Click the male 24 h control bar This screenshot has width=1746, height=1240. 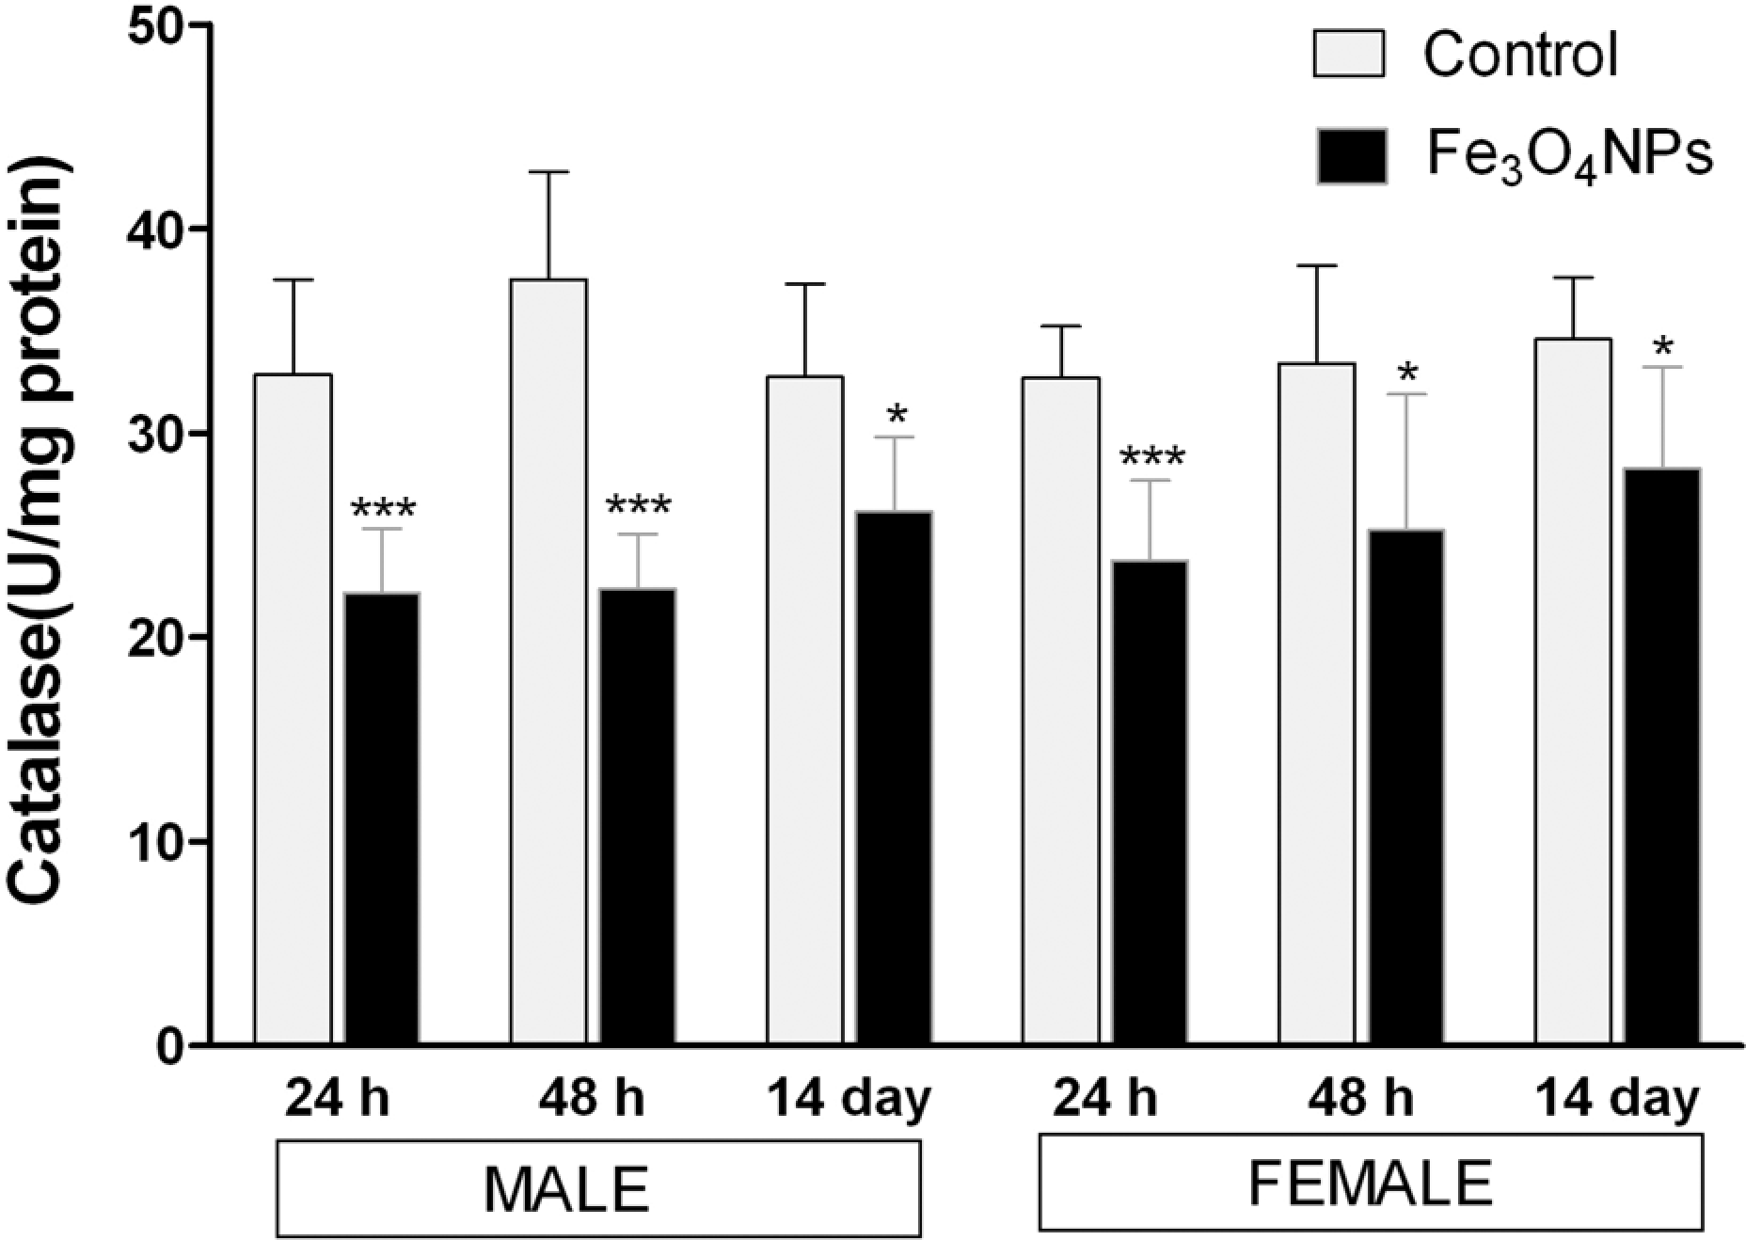pyautogui.click(x=293, y=709)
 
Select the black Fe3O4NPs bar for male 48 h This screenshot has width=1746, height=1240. pyautogui.click(x=638, y=817)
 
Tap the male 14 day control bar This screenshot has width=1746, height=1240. pyautogui.click(x=805, y=710)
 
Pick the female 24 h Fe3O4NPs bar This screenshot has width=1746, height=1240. pyautogui.click(x=1150, y=803)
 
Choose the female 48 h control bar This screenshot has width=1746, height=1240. pyautogui.click(x=1317, y=704)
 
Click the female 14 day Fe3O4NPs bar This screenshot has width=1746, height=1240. pyautogui.click(x=1662, y=756)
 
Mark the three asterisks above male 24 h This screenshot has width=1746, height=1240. pyautogui.click(x=383, y=511)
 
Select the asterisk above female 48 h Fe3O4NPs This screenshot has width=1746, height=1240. pyautogui.click(x=1407, y=372)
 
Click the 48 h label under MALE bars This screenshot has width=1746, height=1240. pyautogui.click(x=594, y=1098)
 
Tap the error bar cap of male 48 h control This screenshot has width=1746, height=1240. pyautogui.click(x=548, y=172)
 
